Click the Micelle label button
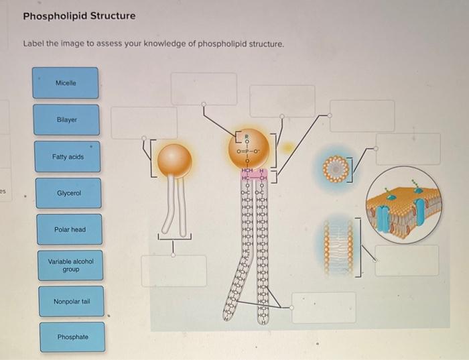[66, 83]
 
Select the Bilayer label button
[66, 119]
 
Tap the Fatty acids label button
[68, 156]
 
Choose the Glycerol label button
[68, 193]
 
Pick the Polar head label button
[70, 229]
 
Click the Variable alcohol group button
[70, 265]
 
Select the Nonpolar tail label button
[71, 302]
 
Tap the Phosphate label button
[72, 337]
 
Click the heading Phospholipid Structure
[79, 15]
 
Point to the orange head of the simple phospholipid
[174, 160]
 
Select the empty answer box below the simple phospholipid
[174, 270]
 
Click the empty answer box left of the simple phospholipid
[143, 123]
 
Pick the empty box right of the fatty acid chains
[324, 307]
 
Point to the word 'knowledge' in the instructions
[182, 44]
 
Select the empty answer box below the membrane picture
[406, 260]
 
